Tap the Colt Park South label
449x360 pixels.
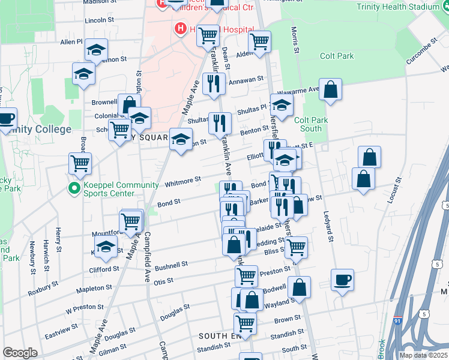click(x=311, y=124)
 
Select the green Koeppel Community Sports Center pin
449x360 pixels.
click(x=74, y=189)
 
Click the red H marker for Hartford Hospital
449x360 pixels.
click(x=179, y=28)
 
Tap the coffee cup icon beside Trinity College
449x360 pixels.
click(x=6, y=118)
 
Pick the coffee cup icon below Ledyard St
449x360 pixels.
click(x=342, y=280)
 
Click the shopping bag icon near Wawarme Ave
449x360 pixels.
click(x=330, y=90)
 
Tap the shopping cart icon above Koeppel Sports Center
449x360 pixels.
click(x=80, y=162)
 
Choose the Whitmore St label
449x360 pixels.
click(x=183, y=181)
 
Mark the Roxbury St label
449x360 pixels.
click(x=43, y=289)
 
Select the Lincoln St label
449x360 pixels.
click(x=99, y=20)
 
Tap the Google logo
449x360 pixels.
click(x=20, y=353)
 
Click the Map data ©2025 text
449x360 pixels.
click(x=423, y=355)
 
